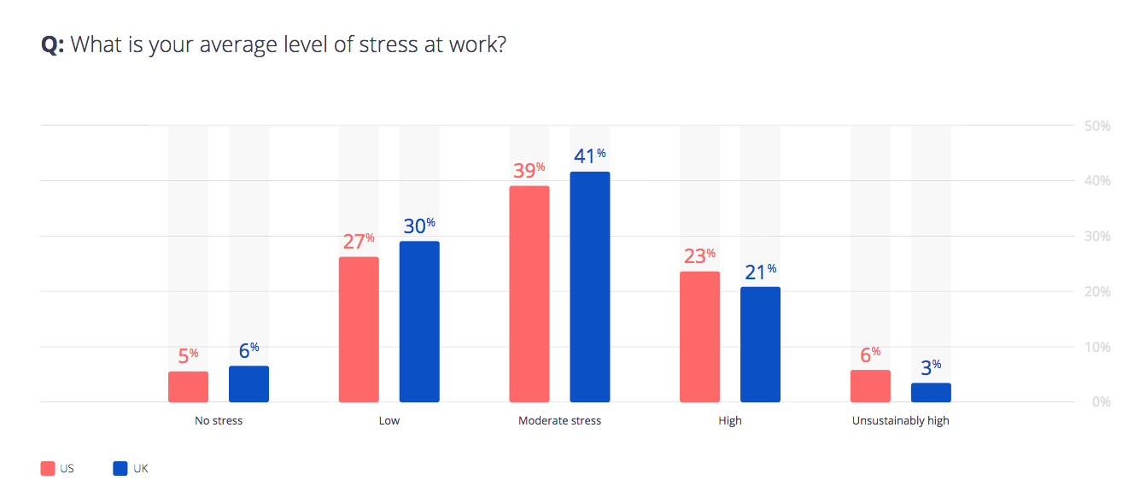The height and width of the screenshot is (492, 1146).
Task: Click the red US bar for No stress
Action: point(188,387)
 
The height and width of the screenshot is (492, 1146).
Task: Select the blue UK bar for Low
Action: point(419,322)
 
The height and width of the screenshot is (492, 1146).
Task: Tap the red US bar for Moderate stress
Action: point(529,294)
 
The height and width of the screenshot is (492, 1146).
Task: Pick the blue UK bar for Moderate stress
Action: point(590,287)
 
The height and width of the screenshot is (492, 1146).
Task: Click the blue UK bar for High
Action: point(760,344)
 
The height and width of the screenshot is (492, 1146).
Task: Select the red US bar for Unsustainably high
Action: point(870,386)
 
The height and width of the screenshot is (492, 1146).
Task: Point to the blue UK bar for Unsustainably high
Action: point(931,393)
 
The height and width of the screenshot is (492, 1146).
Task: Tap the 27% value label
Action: point(359,241)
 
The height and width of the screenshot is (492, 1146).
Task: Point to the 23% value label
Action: point(699,256)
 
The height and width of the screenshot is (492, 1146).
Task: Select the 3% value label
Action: point(931,367)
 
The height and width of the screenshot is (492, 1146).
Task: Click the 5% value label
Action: point(188,356)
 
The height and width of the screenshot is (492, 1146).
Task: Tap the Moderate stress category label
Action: point(559,421)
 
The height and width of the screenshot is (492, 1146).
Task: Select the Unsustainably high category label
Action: point(900,421)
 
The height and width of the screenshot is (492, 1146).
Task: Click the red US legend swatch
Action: point(48,468)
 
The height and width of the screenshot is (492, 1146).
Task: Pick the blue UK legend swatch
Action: point(120,468)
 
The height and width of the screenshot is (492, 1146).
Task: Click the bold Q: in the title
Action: point(53,45)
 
